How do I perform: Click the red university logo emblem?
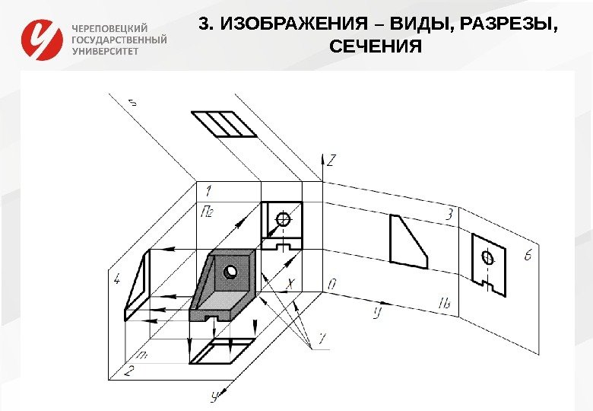43,40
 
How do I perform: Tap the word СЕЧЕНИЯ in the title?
376,48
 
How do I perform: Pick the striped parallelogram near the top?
225,124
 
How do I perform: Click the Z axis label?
331,161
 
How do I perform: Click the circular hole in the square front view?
284,219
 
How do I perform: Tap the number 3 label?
450,215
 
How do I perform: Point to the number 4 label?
116,279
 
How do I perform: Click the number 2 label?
128,371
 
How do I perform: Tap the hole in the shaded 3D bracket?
230,272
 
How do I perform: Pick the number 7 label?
322,336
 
